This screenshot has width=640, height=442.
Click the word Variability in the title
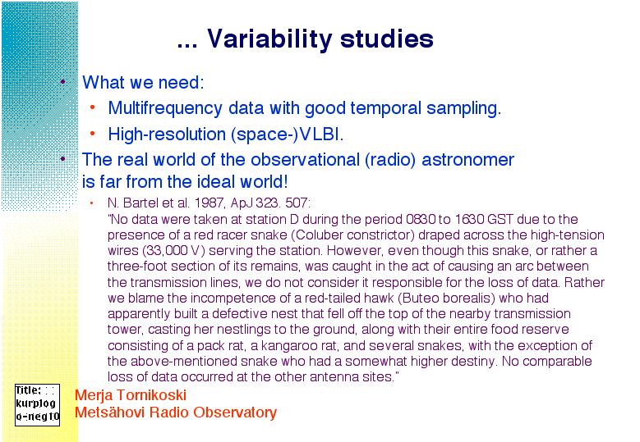[269, 40]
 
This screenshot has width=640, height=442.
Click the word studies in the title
[386, 39]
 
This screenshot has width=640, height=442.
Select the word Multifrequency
[165, 109]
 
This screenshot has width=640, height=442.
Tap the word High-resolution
[167, 134]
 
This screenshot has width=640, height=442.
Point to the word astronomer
[467, 159]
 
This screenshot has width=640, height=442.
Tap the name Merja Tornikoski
[131, 394]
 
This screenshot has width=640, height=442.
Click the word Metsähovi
[110, 412]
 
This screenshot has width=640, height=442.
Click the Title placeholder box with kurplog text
[37, 404]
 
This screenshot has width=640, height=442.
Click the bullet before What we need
[62, 82]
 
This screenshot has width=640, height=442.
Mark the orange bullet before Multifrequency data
[93, 107]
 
